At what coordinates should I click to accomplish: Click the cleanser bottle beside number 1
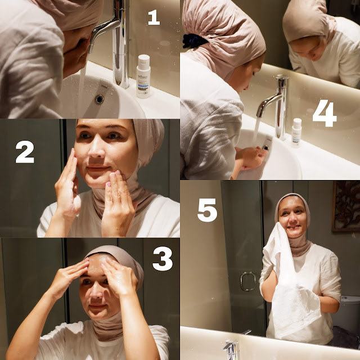[x=143, y=76]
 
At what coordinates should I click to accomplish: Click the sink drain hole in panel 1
[x=100, y=99]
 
